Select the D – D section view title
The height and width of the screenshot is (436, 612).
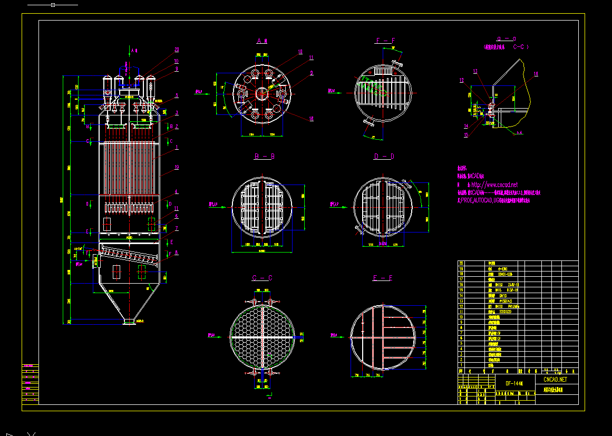click(384, 157)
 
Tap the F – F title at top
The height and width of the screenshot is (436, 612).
click(385, 41)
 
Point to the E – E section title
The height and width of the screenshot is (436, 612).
click(384, 278)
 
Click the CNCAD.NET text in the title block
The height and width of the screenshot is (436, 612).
click(555, 379)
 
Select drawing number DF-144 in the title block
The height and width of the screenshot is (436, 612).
click(514, 383)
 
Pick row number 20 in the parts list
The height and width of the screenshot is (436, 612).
click(462, 263)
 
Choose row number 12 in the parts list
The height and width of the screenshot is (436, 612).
click(462, 306)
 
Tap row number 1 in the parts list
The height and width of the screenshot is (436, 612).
click(462, 364)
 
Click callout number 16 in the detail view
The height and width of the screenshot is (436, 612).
click(536, 74)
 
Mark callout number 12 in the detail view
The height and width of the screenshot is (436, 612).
click(462, 81)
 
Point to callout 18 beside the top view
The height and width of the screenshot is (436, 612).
click(311, 118)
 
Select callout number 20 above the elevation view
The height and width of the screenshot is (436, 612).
click(177, 50)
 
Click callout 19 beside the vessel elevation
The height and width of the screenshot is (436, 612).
click(177, 167)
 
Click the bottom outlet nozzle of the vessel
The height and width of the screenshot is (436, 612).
click(127, 321)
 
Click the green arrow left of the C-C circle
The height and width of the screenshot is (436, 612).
click(216, 335)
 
